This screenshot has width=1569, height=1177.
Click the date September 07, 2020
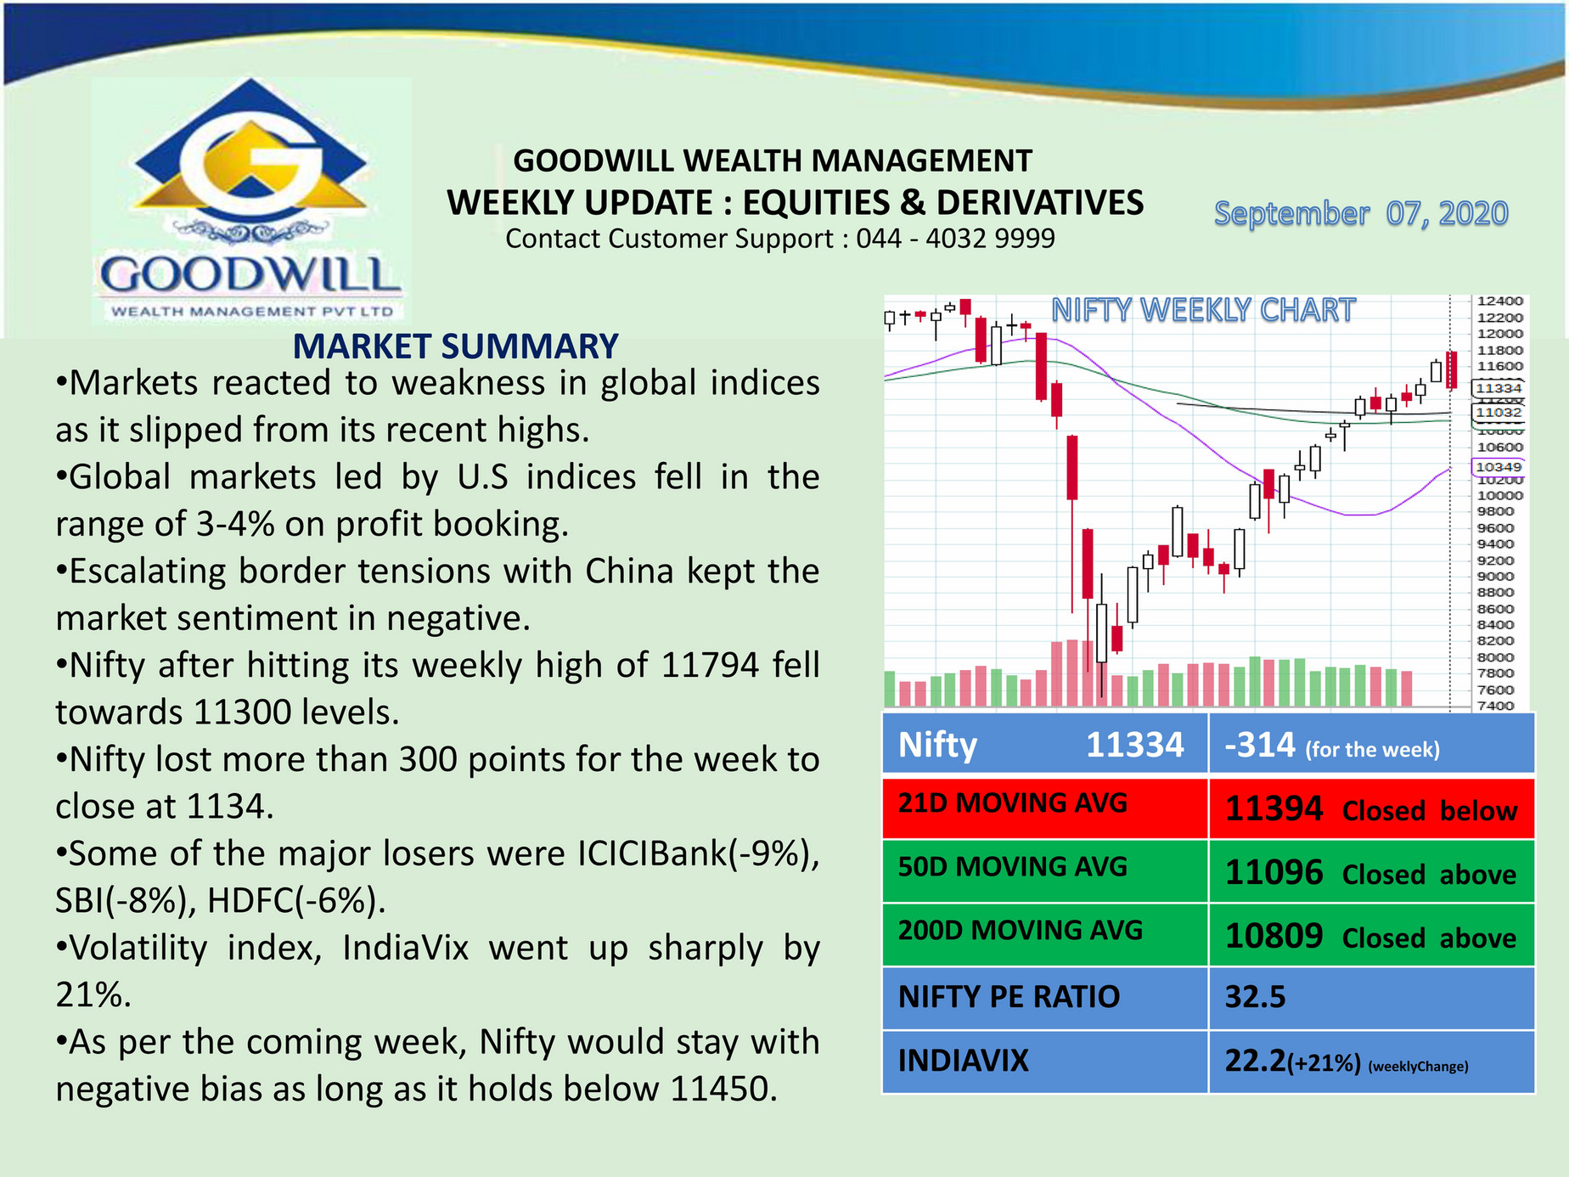(1360, 214)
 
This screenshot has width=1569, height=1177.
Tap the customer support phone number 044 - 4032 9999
(955, 239)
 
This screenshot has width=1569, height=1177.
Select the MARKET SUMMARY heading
(455, 346)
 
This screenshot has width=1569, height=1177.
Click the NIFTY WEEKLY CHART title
(1203, 310)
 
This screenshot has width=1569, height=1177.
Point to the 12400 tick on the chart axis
(1499, 301)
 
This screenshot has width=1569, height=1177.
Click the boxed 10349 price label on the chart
(1498, 467)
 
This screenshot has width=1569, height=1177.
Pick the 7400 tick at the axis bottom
(1495, 706)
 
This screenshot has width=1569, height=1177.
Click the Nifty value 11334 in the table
(1134, 746)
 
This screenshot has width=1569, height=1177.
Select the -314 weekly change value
(1260, 746)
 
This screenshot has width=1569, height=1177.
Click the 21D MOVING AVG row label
(1012, 802)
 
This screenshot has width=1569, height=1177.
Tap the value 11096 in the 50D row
(1274, 873)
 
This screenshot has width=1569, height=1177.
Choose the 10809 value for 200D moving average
(1274, 937)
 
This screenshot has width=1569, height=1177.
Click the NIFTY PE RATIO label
(1009, 997)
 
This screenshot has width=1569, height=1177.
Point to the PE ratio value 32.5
(1255, 997)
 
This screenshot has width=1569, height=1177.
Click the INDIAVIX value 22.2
(1255, 1061)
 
